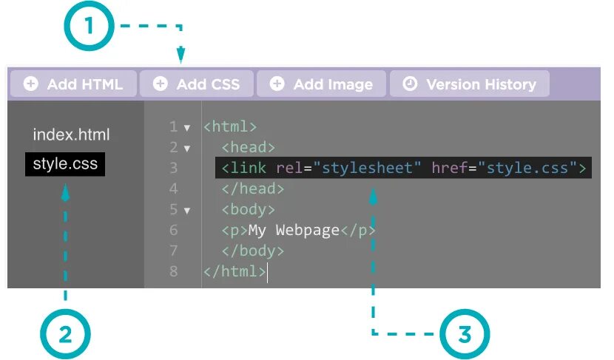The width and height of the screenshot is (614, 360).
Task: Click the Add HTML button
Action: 74,84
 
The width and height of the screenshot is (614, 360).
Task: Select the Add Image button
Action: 322,84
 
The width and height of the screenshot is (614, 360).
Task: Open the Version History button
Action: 470,84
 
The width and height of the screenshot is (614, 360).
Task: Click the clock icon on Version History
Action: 410,84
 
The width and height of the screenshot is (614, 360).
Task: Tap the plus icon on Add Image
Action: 277,84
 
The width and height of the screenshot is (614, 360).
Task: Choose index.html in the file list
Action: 71,135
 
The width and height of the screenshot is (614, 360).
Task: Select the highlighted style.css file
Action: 65,164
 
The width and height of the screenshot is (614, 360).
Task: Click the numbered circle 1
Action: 90,27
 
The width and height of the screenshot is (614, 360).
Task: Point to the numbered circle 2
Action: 65,334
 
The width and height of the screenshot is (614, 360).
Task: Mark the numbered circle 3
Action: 465,334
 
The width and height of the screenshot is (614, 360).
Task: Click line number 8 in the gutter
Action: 173,271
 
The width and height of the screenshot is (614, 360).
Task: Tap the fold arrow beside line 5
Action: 187,210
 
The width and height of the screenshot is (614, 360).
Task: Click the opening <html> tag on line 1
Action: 230,126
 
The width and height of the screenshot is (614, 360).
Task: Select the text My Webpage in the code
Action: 293,230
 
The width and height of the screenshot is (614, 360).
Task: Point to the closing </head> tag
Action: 252,189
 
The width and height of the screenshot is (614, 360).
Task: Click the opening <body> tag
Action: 248,209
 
